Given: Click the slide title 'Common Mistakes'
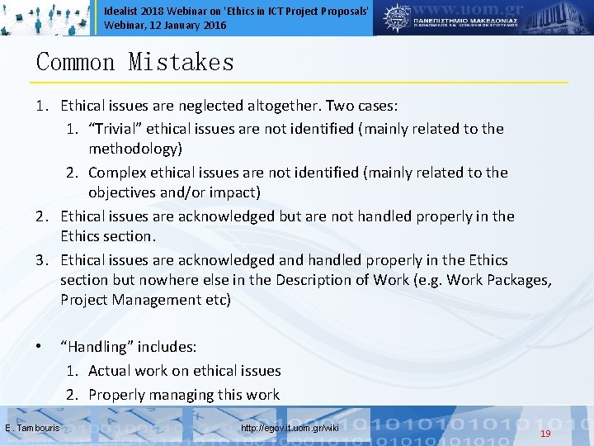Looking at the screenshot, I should click(x=135, y=63).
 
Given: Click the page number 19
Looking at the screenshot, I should click(x=545, y=434).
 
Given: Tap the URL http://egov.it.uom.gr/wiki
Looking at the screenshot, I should click(x=290, y=428).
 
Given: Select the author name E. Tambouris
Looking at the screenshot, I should click(x=31, y=428).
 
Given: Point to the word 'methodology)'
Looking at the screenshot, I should click(x=135, y=149).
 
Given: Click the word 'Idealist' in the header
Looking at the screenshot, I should click(x=122, y=10).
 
